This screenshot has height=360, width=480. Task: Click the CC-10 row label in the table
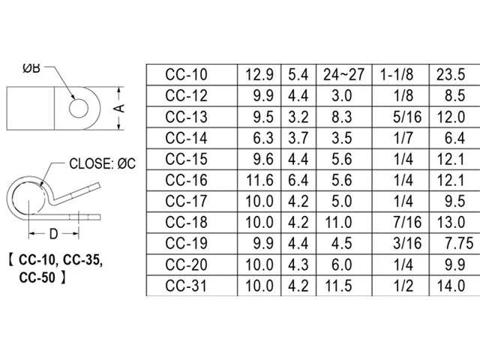(x=186, y=75)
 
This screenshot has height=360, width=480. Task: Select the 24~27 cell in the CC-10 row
(x=343, y=75)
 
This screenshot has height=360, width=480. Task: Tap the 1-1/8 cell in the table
(x=397, y=75)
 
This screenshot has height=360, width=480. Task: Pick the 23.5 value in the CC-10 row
(x=451, y=75)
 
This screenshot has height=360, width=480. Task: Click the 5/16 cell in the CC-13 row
(x=407, y=117)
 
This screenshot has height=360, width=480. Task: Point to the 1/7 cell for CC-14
(x=403, y=138)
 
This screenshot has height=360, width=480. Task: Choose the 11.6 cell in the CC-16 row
(x=259, y=180)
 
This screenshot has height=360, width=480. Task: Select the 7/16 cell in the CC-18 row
(x=407, y=222)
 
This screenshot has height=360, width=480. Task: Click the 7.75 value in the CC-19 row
(x=459, y=243)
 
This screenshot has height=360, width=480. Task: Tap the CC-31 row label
(x=186, y=286)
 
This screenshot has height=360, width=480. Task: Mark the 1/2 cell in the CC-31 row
(x=403, y=286)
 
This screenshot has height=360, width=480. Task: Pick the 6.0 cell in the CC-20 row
(x=342, y=265)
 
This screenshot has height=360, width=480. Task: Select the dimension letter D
(x=53, y=234)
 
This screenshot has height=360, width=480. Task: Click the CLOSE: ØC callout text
(x=102, y=163)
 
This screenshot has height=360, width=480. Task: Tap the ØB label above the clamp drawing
(x=31, y=68)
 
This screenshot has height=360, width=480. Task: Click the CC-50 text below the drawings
(x=37, y=277)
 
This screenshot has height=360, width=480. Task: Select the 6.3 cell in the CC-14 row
(x=263, y=138)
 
